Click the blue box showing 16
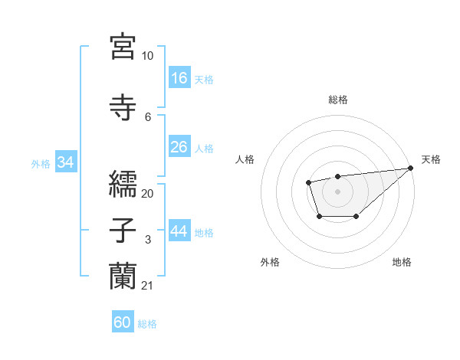click(x=179, y=77)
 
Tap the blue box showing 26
click(x=179, y=147)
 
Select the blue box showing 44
click(x=179, y=231)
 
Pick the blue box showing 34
click(x=66, y=162)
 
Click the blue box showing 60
click(x=123, y=322)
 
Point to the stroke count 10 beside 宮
click(x=147, y=56)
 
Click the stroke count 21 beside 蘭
click(x=147, y=286)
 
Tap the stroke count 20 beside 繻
click(x=147, y=193)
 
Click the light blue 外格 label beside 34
click(x=41, y=163)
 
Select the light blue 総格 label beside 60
click(x=147, y=324)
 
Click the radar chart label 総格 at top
click(x=338, y=100)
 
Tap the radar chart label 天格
click(x=431, y=159)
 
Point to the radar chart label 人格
click(x=245, y=159)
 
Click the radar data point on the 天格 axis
click(x=411, y=168)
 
